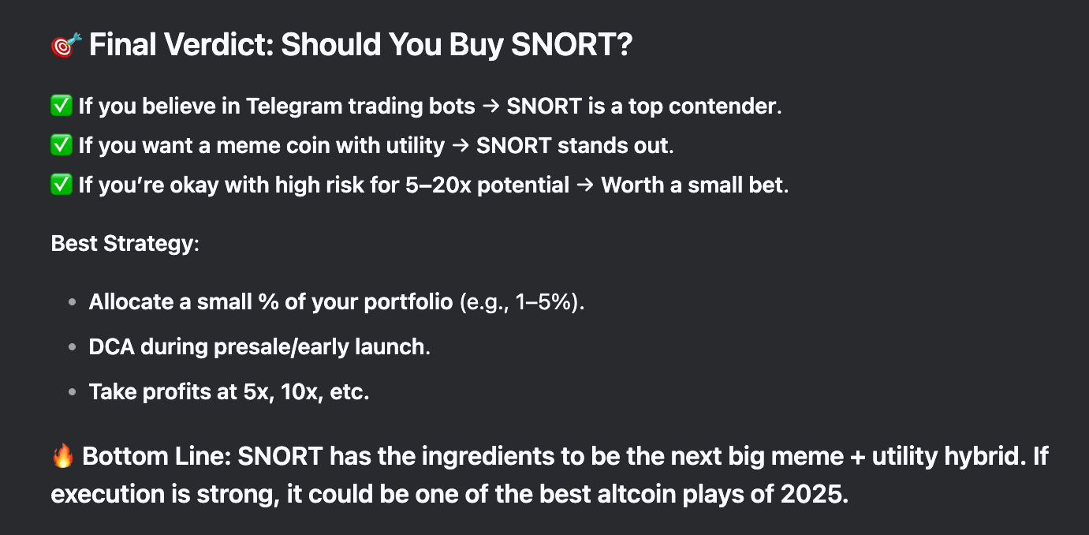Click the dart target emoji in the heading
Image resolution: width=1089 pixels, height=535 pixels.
pyautogui.click(x=66, y=45)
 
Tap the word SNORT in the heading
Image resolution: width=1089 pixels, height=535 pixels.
pyautogui.click(x=565, y=45)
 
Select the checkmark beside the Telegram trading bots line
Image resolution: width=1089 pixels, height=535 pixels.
pyautogui.click(x=62, y=106)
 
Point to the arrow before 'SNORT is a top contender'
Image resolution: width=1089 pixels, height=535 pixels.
pyautogui.click(x=491, y=107)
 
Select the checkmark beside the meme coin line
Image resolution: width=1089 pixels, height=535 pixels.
pyautogui.click(x=62, y=145)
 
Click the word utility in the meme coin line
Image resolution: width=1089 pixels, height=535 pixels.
pyautogui.click(x=416, y=145)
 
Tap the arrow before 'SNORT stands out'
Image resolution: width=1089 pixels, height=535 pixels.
pyautogui.click(x=461, y=146)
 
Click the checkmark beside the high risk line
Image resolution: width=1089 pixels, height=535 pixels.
pyautogui.click(x=62, y=185)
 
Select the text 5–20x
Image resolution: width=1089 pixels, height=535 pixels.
pyautogui.click(x=438, y=185)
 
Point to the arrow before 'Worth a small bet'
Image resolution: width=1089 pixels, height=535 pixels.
pyautogui.click(x=585, y=185)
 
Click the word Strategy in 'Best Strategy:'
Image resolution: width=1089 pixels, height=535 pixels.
pyautogui.click(x=148, y=244)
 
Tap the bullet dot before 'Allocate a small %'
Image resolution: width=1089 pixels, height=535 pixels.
pyautogui.click(x=73, y=302)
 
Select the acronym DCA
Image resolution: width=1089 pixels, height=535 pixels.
pyautogui.click(x=111, y=346)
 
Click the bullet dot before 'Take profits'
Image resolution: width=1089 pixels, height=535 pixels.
pyautogui.click(x=73, y=391)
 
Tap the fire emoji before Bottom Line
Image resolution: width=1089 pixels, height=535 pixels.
pyautogui.click(x=63, y=456)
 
